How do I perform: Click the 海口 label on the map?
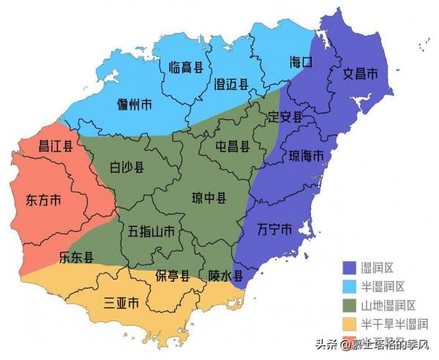tap(301, 62)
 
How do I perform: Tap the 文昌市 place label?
tap(361, 74)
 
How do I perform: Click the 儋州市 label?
tap(135, 105)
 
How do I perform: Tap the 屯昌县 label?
tap(233, 146)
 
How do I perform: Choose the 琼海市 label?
tap(307, 157)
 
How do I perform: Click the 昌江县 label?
tap(56, 146)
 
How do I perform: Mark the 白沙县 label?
tap(127, 167)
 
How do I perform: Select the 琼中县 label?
tap(209, 198)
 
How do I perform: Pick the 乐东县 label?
tap(76, 257)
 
